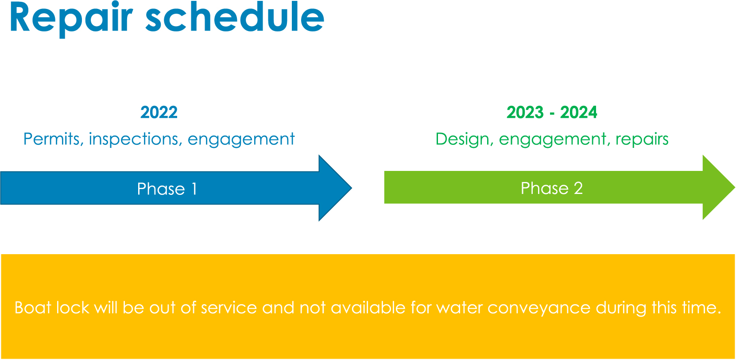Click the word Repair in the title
71,19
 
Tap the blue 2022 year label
159,112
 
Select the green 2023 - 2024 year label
552,112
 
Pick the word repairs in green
642,140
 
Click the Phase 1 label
167,189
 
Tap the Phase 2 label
552,188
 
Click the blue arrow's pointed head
352,188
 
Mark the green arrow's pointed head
735,187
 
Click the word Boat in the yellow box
33,308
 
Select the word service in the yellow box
229,308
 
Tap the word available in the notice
368,308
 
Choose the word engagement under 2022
241,140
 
